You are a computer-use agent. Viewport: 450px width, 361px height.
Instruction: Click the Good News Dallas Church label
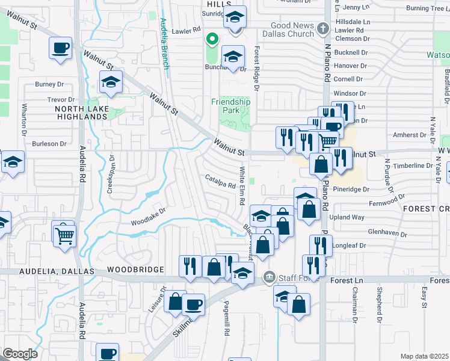(x=292, y=29)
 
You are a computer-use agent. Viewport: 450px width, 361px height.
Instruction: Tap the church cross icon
(x=322, y=28)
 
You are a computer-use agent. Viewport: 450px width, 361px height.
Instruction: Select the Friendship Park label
(x=230, y=106)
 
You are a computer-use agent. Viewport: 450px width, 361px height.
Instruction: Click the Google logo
(x=20, y=354)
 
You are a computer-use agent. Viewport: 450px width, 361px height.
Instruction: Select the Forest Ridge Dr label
(x=256, y=70)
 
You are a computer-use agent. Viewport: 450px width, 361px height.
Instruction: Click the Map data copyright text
(x=425, y=356)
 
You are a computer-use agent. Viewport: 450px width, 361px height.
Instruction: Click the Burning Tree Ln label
(x=427, y=8)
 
